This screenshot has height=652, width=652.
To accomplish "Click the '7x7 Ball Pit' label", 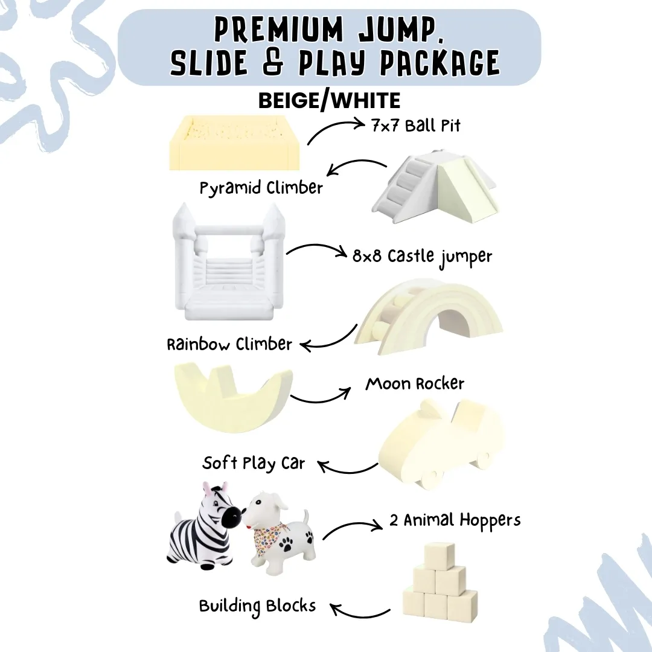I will tap(416, 126).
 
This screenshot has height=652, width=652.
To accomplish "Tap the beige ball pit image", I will tap(235, 143).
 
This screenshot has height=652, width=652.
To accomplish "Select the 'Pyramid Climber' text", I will tap(261, 188).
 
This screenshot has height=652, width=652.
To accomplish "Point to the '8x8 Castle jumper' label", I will tap(422, 256).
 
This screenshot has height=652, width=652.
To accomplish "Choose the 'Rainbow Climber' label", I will tap(229, 345).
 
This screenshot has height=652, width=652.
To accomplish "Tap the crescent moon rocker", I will tap(232, 399).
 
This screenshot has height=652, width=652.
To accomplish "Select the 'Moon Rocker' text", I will tap(415, 384).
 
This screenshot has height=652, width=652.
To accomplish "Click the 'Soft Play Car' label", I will tap(254, 464).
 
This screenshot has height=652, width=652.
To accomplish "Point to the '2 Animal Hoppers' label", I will tap(455, 520).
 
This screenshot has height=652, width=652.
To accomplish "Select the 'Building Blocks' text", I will tap(258, 606).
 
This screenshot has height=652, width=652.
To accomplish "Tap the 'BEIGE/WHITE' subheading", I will tap(329, 100).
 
